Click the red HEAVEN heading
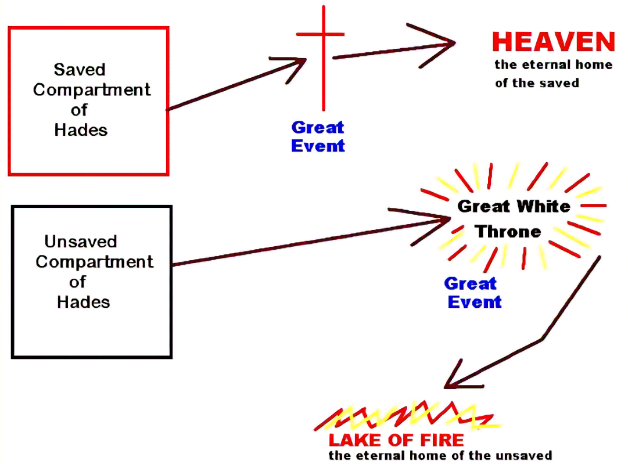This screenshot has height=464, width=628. coord(553,42)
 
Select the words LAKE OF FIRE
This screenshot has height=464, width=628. coord(396,440)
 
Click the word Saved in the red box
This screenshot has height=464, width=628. coord(80,70)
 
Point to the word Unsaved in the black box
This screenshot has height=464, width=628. coord(81,242)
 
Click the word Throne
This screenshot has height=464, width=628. coord(508,232)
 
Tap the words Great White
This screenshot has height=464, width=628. coord(514,206)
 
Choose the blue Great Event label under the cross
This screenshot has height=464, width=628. coord(318,136)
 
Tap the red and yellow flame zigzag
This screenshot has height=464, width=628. coord(407,413)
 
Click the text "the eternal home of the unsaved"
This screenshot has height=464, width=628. coord(440,456)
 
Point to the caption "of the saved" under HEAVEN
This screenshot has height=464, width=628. coord(537,83)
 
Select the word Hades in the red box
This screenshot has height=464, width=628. coord(81,130)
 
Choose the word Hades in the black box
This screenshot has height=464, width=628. coord(83,302)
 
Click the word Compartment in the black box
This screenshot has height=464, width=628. coord(94,262)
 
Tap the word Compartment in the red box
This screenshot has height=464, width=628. coord(92,90)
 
